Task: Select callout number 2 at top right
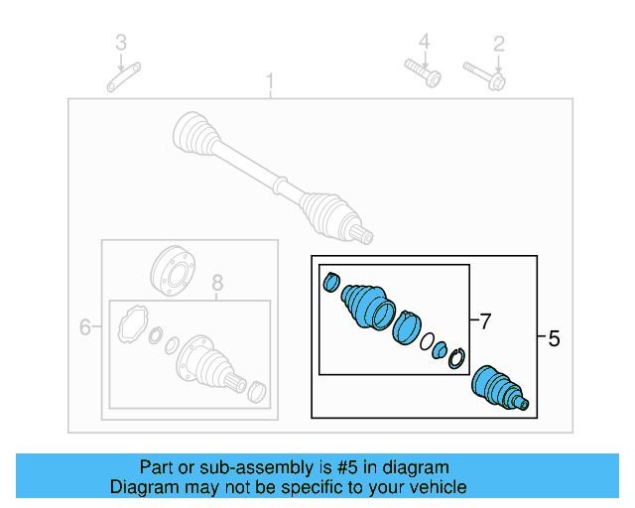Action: coord(499,43)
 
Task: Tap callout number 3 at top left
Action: coord(121,43)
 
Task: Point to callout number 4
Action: coord(424,42)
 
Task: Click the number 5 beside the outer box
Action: coord(554,339)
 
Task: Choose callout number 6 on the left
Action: coord(84,326)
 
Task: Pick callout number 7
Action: coord(484,321)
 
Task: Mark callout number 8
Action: coord(218,284)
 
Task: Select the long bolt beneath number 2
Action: coord(484,74)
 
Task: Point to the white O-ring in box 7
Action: coord(425,344)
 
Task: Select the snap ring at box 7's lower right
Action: coord(456,358)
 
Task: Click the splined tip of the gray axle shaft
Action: coord(365,235)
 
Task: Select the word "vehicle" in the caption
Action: coord(438,487)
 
